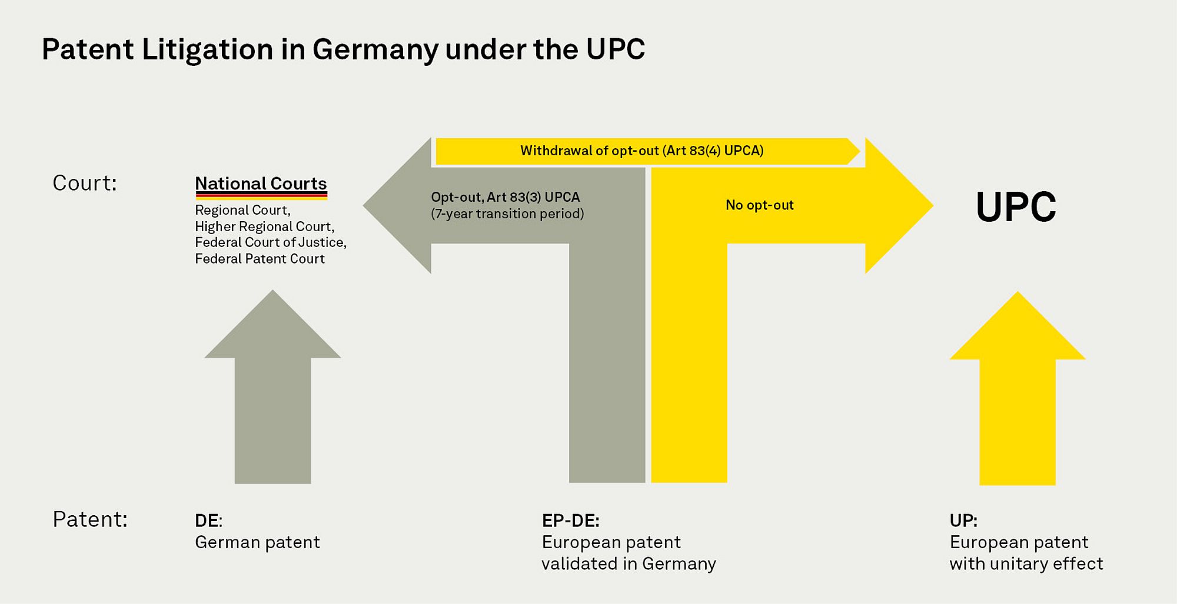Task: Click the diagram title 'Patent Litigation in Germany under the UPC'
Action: (x=344, y=50)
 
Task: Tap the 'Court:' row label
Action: (x=85, y=183)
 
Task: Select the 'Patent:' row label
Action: (x=90, y=519)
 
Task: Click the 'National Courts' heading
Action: (x=261, y=183)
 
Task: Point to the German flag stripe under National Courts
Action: (x=261, y=196)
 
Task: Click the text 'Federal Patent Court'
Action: (x=260, y=259)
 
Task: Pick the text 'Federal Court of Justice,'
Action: (x=271, y=242)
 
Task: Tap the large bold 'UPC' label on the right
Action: (x=1016, y=207)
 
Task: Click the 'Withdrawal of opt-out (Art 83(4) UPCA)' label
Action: (x=642, y=151)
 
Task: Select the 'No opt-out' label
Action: (x=760, y=205)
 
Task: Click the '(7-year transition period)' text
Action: (x=507, y=213)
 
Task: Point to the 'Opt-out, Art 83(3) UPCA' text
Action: (x=506, y=197)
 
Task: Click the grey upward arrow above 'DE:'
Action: (x=272, y=386)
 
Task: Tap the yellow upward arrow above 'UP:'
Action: (x=1018, y=388)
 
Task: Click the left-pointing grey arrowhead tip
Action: (x=364, y=205)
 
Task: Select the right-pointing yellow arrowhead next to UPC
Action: (x=899, y=205)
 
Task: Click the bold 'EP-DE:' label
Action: (x=571, y=520)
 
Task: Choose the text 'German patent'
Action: (x=257, y=542)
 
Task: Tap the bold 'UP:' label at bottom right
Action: (x=963, y=520)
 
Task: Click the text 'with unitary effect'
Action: (x=1026, y=563)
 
